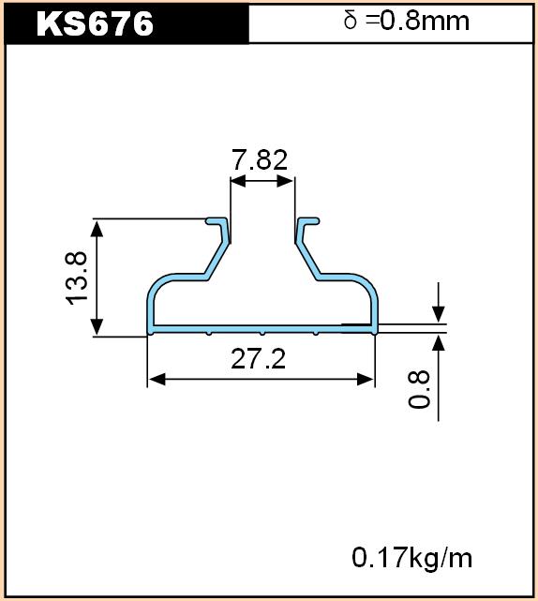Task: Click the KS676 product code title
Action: click(95, 23)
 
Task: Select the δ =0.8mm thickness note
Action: click(406, 21)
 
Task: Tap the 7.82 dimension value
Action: click(260, 159)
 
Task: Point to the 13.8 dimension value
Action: click(77, 278)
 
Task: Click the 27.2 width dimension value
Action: click(259, 359)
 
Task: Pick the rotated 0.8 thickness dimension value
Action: click(418, 389)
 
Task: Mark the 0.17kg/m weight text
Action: click(411, 558)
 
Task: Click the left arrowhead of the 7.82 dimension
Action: click(238, 181)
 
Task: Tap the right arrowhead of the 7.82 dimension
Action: click(286, 181)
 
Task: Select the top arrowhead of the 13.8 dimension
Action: click(97, 229)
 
